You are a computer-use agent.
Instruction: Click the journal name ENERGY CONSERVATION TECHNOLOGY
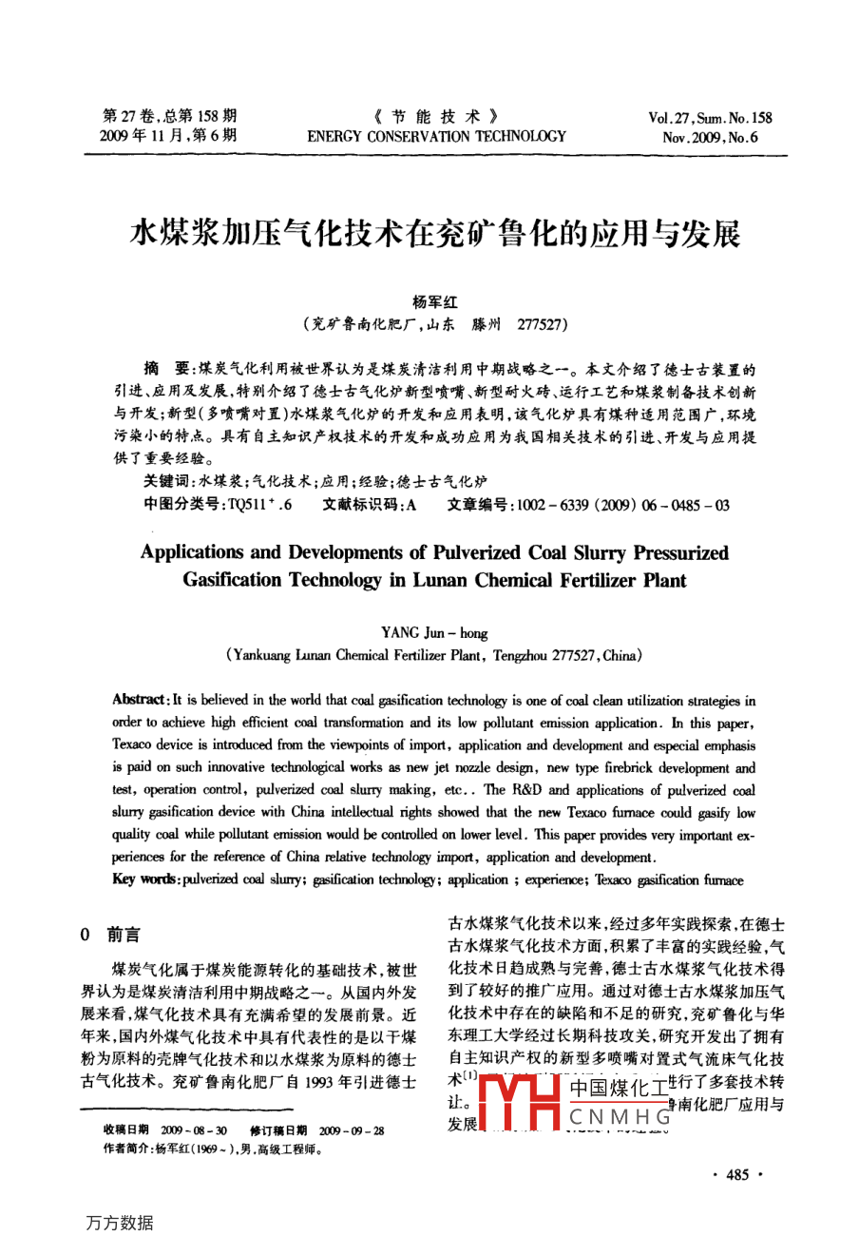pyautogui.click(x=436, y=137)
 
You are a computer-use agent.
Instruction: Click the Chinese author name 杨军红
pyautogui.click(x=435, y=301)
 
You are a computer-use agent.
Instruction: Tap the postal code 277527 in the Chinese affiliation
pyautogui.click(x=543, y=324)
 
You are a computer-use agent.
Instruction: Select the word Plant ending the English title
pyautogui.click(x=662, y=580)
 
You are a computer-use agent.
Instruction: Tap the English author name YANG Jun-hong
pyautogui.click(x=434, y=632)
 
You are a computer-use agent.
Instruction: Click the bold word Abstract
pyautogui.click(x=140, y=701)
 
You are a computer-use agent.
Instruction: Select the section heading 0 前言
pyautogui.click(x=110, y=936)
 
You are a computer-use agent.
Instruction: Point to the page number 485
pyautogui.click(x=737, y=1175)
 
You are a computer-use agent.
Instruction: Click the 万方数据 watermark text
pyautogui.click(x=120, y=1224)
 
